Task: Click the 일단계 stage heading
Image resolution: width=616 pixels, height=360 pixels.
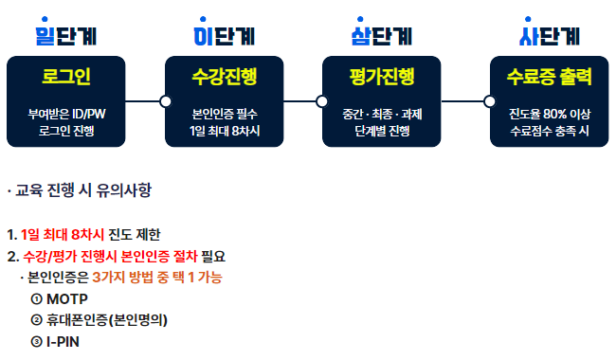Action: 66,36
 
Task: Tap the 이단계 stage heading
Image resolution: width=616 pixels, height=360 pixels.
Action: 223,36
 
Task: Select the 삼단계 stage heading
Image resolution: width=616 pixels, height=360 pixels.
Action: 381,36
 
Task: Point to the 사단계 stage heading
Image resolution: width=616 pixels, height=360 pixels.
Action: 550,36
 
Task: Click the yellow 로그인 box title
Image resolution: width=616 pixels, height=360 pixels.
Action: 66,76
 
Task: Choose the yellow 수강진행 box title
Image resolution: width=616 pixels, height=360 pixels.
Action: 224,76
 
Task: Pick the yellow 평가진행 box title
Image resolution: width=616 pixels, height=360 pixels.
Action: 381,76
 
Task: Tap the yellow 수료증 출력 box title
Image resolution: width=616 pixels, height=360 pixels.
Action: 550,76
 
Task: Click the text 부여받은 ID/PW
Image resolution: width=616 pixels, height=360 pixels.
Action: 66,114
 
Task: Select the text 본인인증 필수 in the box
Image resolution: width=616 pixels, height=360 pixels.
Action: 224,114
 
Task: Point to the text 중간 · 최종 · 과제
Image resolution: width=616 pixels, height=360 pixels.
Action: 381,114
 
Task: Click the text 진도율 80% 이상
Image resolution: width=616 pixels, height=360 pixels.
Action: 550,114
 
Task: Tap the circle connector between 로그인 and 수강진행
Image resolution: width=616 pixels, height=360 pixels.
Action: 166,100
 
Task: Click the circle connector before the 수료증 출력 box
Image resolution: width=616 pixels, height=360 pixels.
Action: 489,100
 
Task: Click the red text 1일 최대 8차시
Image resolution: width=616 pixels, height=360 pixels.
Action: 59,234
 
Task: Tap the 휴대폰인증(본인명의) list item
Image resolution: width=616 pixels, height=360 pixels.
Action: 112,319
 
